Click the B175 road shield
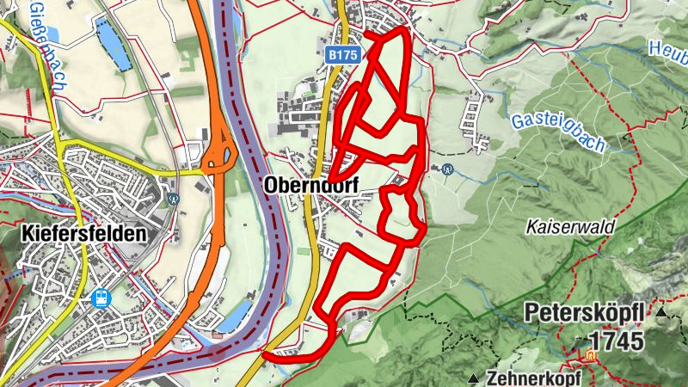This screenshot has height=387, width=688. [x=342, y=54]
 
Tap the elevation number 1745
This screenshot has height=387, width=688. [x=615, y=341]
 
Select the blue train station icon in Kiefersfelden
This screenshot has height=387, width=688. [x=101, y=298]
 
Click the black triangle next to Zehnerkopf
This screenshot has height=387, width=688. [x=474, y=378]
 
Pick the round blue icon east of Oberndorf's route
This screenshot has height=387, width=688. [x=446, y=169]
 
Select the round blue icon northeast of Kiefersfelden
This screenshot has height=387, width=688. [x=174, y=198]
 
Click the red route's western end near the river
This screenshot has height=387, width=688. [x=266, y=354]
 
